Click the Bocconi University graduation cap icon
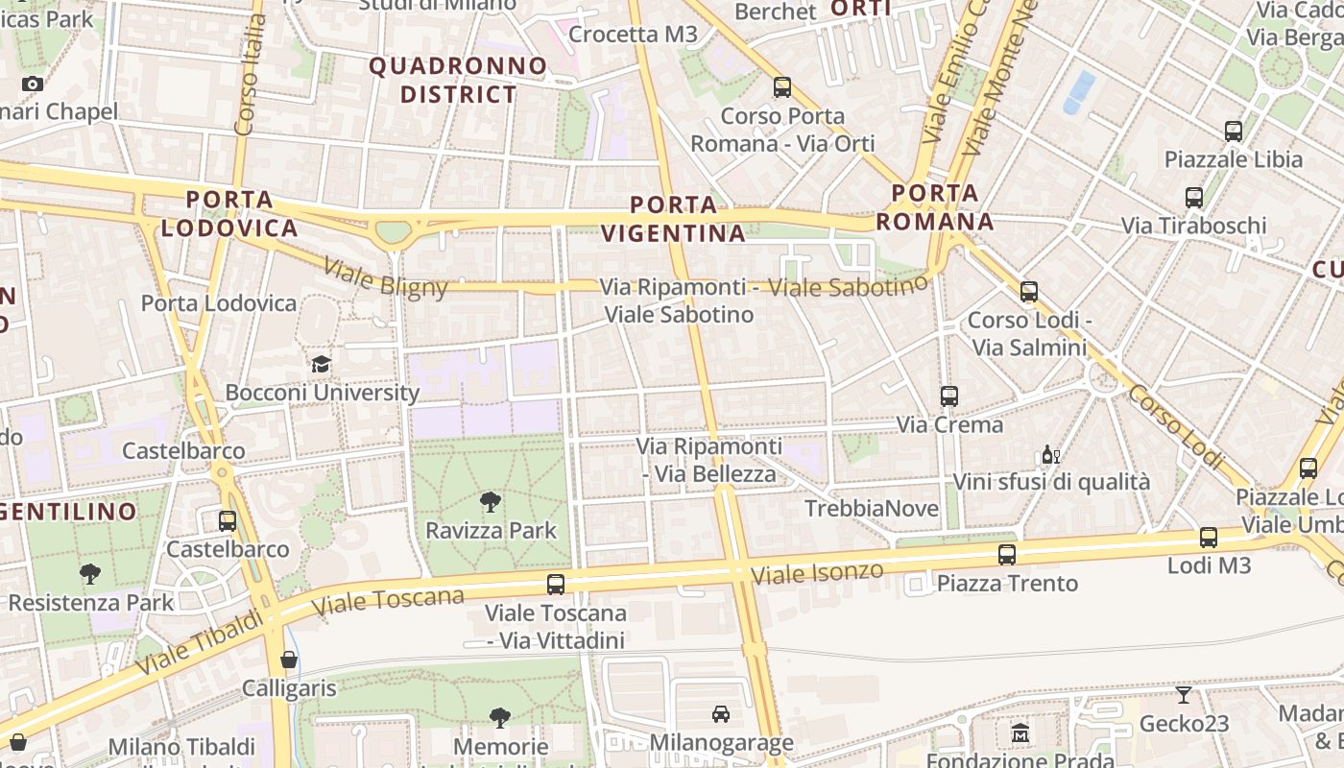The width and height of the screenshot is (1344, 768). click(321, 364)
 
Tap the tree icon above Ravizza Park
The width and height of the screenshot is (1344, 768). click(491, 501)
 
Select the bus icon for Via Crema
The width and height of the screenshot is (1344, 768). click(948, 396)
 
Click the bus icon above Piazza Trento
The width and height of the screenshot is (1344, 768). click(1006, 554)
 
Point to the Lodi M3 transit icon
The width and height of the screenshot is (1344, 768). click(1208, 538)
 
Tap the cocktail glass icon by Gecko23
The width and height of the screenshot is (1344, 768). click(1183, 694)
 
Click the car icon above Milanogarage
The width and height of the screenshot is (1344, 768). click(720, 713)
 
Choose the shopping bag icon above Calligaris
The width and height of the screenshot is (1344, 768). click(288, 660)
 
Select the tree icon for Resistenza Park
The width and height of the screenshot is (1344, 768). click(90, 574)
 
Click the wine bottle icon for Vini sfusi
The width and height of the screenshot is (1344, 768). click(1051, 454)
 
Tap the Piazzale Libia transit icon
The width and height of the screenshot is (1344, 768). click(1234, 131)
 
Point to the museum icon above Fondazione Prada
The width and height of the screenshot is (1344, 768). click(1020, 733)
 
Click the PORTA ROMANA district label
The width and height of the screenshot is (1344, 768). click(933, 207)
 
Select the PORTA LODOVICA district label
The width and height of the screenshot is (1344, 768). click(229, 213)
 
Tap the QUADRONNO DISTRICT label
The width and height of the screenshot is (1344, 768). click(458, 80)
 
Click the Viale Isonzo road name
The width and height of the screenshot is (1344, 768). click(817, 574)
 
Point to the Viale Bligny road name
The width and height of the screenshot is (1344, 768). click(385, 277)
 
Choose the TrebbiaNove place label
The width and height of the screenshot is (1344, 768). click(872, 508)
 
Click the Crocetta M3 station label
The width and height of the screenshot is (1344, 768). click(633, 35)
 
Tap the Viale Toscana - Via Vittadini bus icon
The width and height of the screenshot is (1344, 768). click(555, 583)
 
